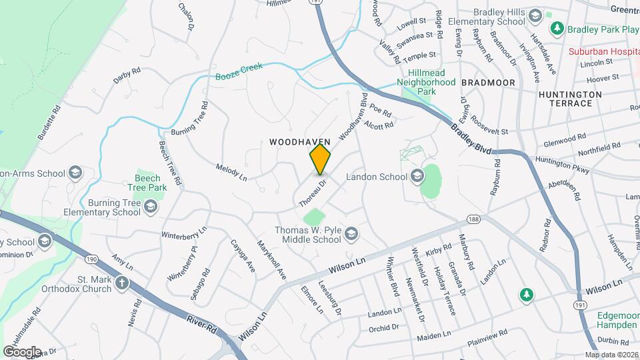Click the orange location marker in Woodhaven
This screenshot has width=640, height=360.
tap(321, 159)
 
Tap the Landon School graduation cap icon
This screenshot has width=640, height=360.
tap(417, 177)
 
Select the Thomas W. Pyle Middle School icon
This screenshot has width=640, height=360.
tap(352, 233)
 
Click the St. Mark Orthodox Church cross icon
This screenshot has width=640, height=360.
tap(121, 283)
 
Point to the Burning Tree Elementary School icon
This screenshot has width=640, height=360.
tap(151, 207)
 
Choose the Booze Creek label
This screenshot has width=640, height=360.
tap(239, 71)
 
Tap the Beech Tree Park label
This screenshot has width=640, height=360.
tap(147, 183)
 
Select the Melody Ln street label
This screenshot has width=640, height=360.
tap(231, 171)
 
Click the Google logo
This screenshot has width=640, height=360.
tap(22, 351)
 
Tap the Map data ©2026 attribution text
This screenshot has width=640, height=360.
tap(611, 355)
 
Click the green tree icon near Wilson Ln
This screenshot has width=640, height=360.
tap(527, 294)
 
